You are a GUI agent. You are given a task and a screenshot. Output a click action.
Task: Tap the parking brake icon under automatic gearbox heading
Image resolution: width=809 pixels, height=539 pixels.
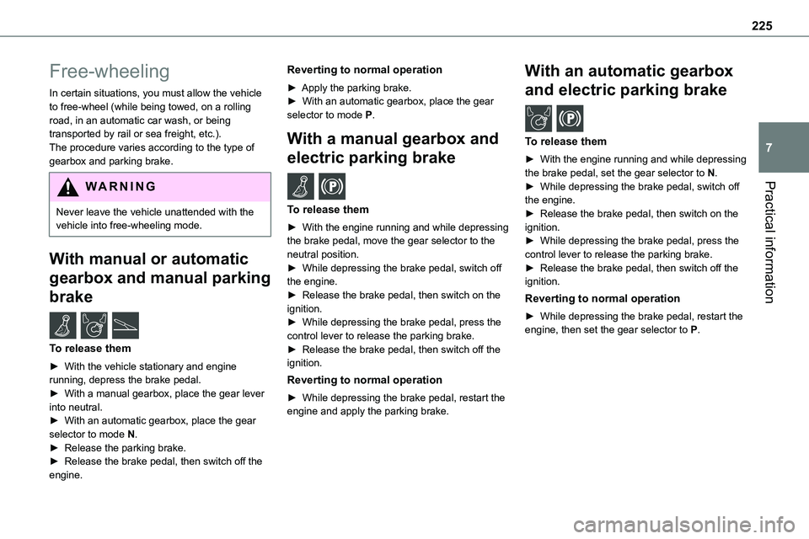570,119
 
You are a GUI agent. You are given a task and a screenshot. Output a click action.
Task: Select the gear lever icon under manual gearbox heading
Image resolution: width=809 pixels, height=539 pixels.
301,185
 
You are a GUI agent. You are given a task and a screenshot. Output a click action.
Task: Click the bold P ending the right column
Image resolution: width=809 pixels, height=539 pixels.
693,329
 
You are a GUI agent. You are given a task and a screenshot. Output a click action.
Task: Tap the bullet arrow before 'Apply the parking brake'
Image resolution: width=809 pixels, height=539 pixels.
292,88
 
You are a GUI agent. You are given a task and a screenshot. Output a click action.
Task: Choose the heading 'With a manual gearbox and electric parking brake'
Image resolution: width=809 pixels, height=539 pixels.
393,147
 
